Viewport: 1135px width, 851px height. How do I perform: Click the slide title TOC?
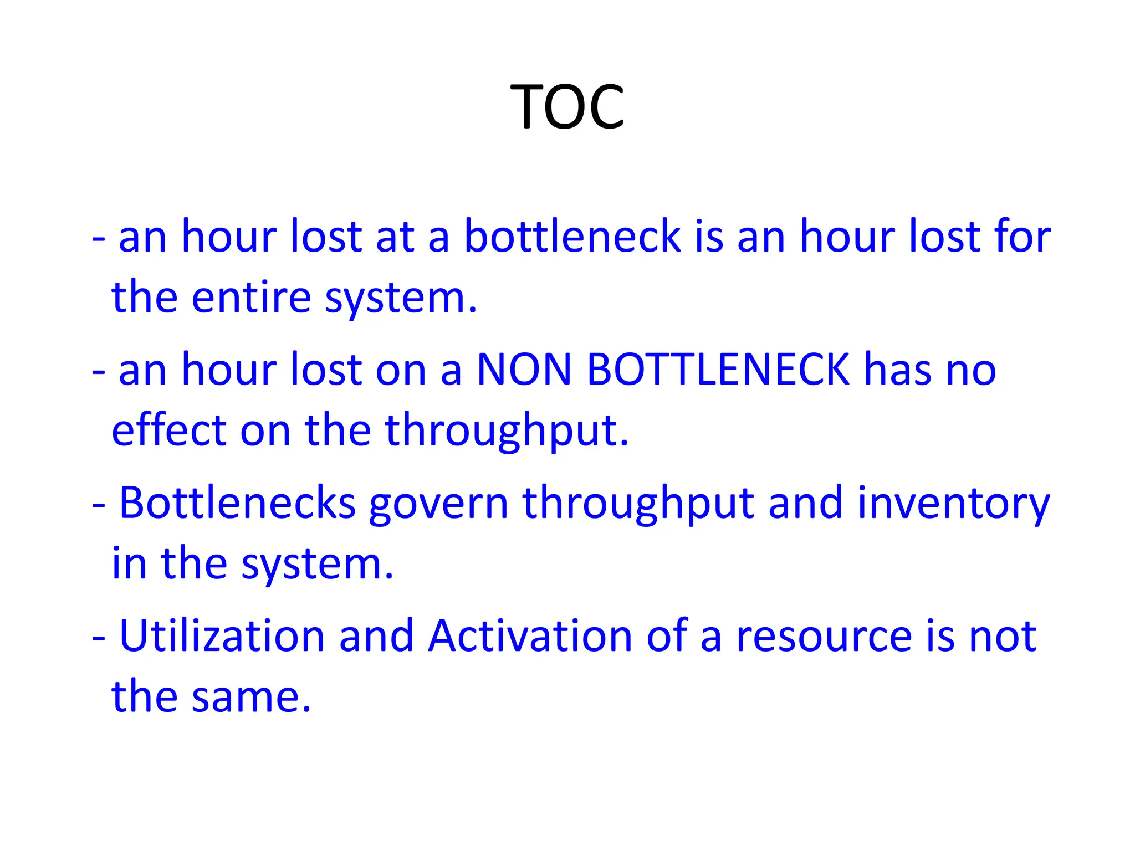click(567, 106)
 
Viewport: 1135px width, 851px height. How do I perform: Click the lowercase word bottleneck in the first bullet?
click(572, 237)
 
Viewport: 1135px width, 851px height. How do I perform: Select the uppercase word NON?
click(524, 370)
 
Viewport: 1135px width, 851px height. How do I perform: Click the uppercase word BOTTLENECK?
click(718, 370)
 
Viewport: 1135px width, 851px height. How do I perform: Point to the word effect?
click(169, 430)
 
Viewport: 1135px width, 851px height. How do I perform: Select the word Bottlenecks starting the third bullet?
click(237, 503)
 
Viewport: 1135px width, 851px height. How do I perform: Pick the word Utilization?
click(222, 636)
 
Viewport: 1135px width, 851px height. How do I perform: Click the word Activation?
click(530, 636)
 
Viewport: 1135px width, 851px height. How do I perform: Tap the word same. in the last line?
click(251, 697)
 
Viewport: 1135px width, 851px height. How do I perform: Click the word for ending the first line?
click(1022, 237)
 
